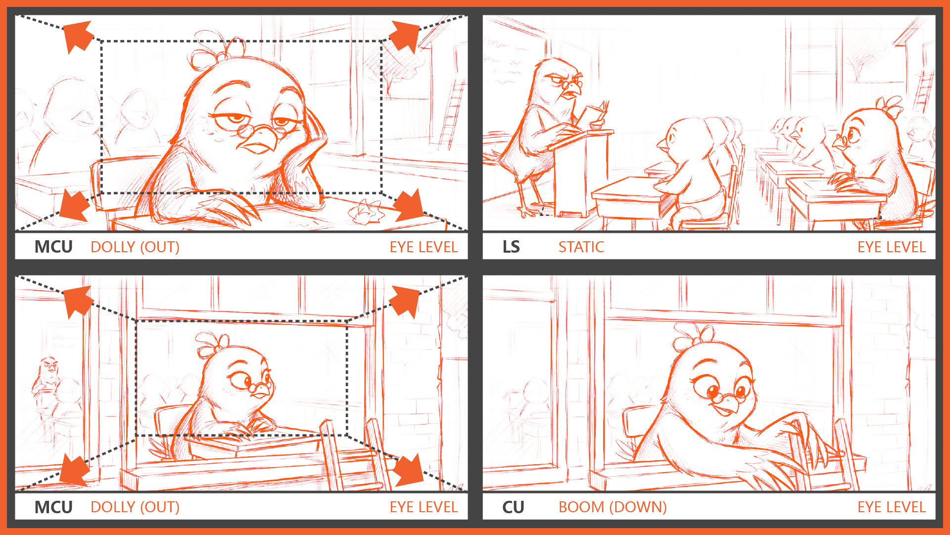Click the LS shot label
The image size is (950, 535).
[x=511, y=247]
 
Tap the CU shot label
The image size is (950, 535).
[x=513, y=507]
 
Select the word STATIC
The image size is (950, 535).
[x=581, y=247]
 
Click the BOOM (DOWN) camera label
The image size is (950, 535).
[x=613, y=507]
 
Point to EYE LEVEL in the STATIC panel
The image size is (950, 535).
[x=892, y=247]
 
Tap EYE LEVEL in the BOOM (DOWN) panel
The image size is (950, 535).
[x=892, y=507]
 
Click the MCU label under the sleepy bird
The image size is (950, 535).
[x=53, y=247]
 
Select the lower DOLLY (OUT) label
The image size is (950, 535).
[x=135, y=507]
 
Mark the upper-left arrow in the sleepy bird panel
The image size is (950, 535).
[x=78, y=36]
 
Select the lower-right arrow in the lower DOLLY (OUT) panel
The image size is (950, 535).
[x=408, y=469]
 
